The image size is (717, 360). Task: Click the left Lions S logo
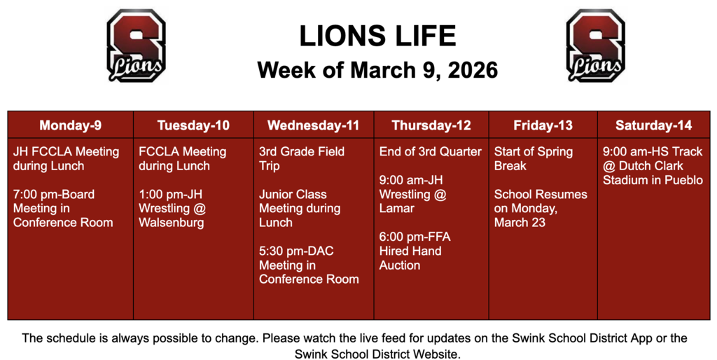click(136, 46)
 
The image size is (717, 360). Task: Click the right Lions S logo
click(595, 46)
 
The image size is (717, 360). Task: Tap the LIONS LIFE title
click(377, 36)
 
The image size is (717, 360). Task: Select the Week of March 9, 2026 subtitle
click(377, 70)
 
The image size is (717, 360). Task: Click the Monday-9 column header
click(70, 125)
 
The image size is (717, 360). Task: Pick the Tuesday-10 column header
click(193, 125)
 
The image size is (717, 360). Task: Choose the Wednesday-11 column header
click(313, 125)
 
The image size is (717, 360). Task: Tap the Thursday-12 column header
click(431, 125)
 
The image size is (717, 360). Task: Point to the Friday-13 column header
click(543, 125)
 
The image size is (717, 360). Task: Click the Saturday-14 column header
click(653, 125)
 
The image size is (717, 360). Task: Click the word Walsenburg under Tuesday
click(172, 223)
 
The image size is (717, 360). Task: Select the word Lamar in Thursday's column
click(397, 208)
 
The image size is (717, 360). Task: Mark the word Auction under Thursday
click(400, 265)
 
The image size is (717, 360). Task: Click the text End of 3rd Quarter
click(431, 151)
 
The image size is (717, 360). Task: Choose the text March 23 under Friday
click(520, 223)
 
